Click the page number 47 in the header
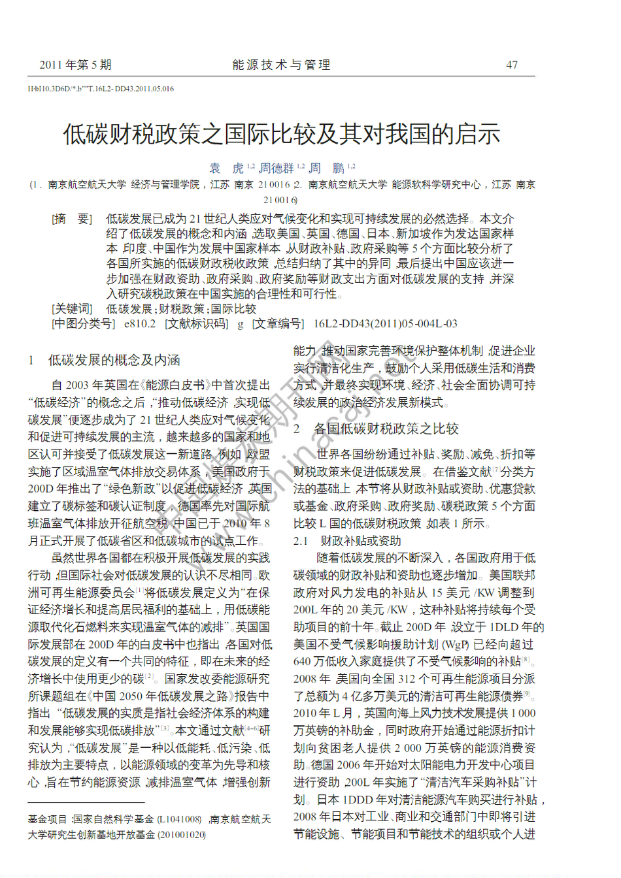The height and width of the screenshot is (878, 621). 512,65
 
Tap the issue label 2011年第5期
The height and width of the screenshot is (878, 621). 75,65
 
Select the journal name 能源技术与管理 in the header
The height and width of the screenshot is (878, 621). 282,65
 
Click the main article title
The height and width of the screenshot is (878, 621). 282,134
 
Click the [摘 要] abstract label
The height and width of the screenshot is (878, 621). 72,219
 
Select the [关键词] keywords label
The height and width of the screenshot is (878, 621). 72,308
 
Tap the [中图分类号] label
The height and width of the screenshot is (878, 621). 83,323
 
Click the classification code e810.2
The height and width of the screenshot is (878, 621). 140,323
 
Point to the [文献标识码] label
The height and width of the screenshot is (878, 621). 196,323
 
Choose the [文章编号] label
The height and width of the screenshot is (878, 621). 278,323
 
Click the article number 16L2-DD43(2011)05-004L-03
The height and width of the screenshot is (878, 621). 386,323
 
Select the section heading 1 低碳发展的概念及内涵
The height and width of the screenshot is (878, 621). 105,360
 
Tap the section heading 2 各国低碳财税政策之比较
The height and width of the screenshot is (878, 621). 377,429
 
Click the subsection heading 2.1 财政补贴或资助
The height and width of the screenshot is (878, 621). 347,541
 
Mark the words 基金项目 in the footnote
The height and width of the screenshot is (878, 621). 47,819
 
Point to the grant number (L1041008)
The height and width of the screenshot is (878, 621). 179,819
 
